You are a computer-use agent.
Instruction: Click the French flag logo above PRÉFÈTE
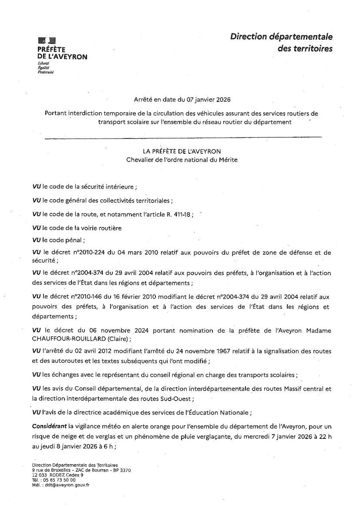click(x=47, y=40)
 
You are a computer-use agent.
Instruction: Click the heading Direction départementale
click(x=281, y=37)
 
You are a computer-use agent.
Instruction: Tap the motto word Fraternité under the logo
click(x=45, y=72)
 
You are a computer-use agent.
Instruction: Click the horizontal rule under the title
click(x=183, y=138)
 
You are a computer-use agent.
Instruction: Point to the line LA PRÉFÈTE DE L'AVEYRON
click(x=182, y=151)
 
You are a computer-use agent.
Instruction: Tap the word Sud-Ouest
click(x=174, y=398)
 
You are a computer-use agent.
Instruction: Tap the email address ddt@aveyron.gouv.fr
click(x=66, y=485)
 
